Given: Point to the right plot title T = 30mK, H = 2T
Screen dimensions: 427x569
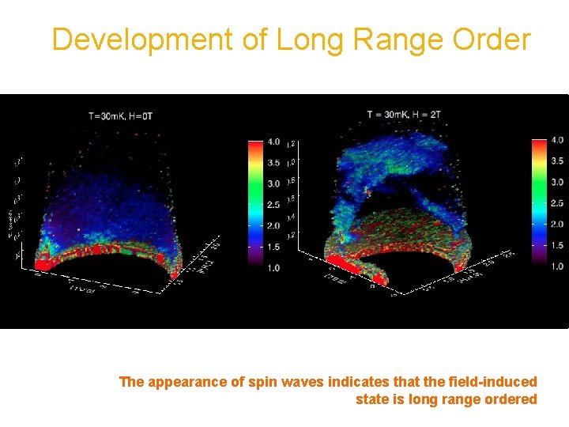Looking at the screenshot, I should tap(404, 115).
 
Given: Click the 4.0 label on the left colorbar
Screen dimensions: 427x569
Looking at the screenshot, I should tap(273, 142).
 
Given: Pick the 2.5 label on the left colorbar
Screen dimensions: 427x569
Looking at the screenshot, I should tap(273, 205).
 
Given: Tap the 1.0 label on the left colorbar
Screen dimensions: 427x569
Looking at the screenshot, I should tap(273, 268).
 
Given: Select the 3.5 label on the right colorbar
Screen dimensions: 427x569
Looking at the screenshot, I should tap(556, 161).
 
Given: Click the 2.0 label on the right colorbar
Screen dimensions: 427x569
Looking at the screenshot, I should tap(556, 224).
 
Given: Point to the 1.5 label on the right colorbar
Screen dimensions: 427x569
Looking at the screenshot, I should tap(556, 245).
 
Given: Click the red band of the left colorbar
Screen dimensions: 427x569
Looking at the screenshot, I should tap(254, 146).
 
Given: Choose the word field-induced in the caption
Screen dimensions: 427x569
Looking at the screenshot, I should tap(497, 382).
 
